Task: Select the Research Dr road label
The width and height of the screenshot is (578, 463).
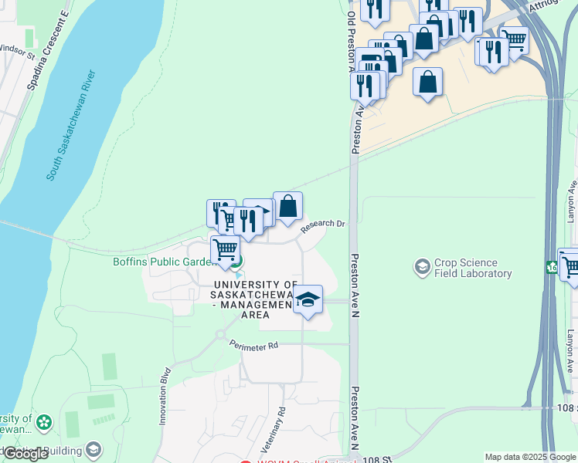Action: pyautogui.click(x=322, y=225)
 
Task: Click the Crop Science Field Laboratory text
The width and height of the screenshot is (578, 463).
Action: pyautogui.click(x=472, y=268)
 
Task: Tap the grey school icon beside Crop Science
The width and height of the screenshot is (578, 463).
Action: pyautogui.click(x=422, y=268)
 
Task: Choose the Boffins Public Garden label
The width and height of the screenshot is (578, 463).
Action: pyautogui.click(x=163, y=262)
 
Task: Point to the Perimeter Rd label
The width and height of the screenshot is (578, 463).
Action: pyautogui.click(x=253, y=347)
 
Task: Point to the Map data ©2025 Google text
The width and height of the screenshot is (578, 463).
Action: pyautogui.click(x=530, y=457)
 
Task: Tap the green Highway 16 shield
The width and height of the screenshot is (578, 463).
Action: pyautogui.click(x=552, y=267)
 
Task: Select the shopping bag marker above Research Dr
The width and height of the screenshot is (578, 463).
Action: pyautogui.click(x=287, y=207)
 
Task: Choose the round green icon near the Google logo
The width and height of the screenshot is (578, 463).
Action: pyautogui.click(x=43, y=422)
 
